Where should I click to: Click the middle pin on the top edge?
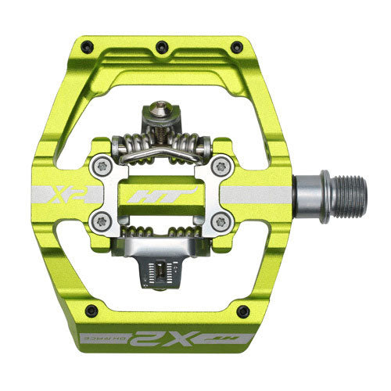click(160, 44)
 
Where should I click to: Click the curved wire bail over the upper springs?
click(160, 143)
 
